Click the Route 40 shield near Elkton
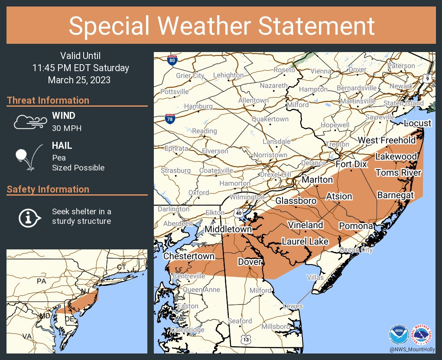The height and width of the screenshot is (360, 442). point(238,213)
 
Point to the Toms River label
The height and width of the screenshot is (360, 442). point(398,173)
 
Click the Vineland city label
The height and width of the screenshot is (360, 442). point(306,225)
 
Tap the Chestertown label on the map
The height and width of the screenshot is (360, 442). point(189,256)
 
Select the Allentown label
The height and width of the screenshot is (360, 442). point(253,100)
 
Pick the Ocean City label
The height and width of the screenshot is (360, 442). point(356,250)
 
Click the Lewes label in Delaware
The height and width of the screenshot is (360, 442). point(292,306)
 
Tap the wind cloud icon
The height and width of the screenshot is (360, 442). point(29,122)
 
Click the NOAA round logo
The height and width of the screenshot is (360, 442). point(398,335)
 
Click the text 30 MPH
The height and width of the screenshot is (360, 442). point(67,128)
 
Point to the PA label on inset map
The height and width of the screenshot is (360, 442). point(41,281)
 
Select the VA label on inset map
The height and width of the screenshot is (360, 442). point(27,336)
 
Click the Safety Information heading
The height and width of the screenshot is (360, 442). point(48,189)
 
